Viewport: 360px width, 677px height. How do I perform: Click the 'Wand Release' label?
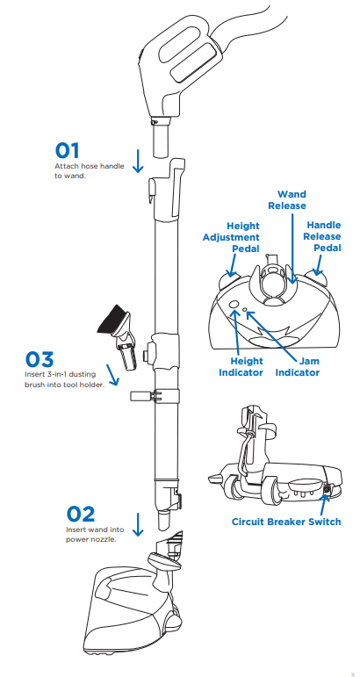click(x=292, y=199)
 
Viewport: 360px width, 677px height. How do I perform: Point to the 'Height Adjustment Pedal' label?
click(x=231, y=237)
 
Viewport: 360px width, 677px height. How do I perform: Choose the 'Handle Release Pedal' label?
click(x=323, y=236)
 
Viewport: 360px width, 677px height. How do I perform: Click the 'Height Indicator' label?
click(x=241, y=367)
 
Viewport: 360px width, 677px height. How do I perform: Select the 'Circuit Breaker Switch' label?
click(x=286, y=522)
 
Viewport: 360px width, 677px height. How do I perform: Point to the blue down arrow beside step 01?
click(x=138, y=161)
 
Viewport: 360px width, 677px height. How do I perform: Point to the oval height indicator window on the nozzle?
click(x=234, y=306)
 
